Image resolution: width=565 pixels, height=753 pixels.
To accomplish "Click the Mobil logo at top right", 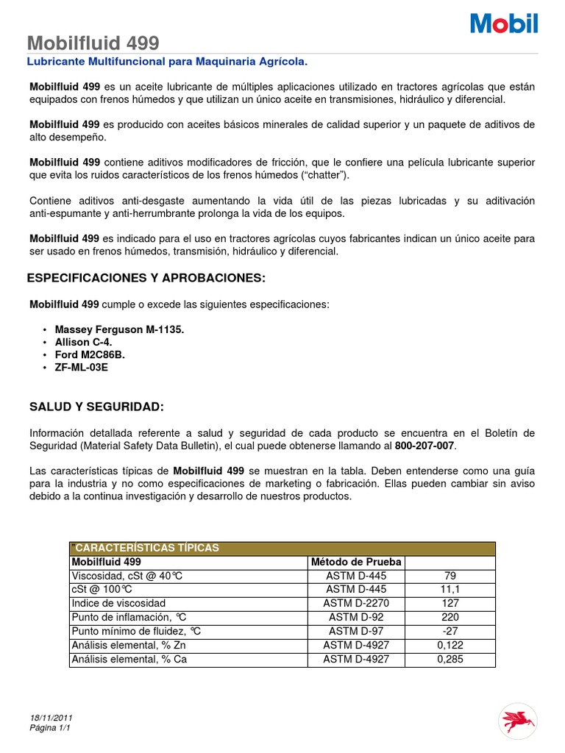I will pos(504,24).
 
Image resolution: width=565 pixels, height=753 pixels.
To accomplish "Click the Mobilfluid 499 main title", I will pos(93,43).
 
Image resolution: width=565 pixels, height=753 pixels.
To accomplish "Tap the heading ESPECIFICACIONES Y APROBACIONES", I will pos(145,278).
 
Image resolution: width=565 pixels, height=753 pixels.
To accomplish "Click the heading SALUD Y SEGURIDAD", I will pos(96,407).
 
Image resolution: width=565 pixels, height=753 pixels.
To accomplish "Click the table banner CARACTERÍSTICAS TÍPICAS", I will pos(146,548).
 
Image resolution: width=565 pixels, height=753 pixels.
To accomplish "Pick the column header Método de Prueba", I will pos(356,562).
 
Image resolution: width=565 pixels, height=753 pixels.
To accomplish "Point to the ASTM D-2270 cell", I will pos(356,604).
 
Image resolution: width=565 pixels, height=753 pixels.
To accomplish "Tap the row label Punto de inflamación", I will pos(124,618).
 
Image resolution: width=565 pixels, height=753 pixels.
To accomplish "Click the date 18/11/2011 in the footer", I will pos(51,718).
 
